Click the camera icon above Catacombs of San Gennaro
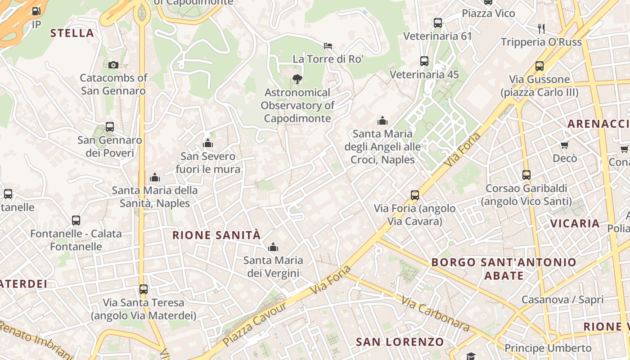point(113,65)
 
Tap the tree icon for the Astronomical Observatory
point(297,79)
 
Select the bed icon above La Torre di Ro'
point(328,45)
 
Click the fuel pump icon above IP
point(36,11)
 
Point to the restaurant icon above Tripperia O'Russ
point(541,29)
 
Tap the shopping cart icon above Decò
point(564,145)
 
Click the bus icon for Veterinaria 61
point(437,23)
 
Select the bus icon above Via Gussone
point(539,66)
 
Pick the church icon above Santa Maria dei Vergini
point(273,247)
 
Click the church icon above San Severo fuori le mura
point(208,143)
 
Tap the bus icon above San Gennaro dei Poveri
point(110,127)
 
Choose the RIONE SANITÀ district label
point(216,235)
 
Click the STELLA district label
point(72,33)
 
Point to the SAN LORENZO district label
point(400,342)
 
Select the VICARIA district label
point(575,223)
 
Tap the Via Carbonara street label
point(435,313)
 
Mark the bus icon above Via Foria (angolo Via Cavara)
point(415,195)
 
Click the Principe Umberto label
point(548,348)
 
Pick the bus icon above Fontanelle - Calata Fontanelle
point(76,220)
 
